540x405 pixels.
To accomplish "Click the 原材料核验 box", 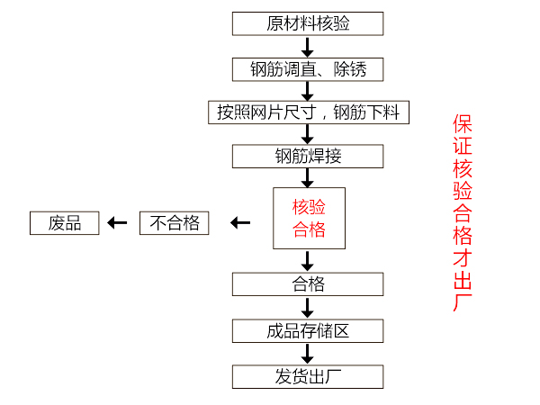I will coord(307,23).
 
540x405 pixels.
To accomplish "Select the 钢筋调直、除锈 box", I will coord(307,68).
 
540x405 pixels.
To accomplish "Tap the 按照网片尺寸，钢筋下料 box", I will coord(307,112).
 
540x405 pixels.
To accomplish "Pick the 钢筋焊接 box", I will coord(307,156).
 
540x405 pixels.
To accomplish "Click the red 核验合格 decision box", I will coord(308,218).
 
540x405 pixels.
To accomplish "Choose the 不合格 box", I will coord(175,222).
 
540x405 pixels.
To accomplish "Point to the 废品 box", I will coord(65,222).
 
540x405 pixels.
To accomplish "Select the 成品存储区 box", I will coord(307,330).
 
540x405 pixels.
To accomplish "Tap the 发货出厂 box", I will coord(307,375).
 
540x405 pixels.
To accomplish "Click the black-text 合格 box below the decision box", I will coord(307,284).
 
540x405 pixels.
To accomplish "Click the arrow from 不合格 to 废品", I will coord(116,222).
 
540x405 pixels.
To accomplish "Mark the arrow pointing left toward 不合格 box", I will coord(239,222).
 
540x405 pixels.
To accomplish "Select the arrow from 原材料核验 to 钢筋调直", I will coord(307,46).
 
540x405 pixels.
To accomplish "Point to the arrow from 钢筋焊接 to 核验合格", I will coord(307,177).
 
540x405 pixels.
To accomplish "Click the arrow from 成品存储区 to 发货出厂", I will coord(307,353).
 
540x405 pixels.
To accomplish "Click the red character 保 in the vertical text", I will coord(463,124).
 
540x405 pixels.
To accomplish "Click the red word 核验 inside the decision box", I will coord(308,207).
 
